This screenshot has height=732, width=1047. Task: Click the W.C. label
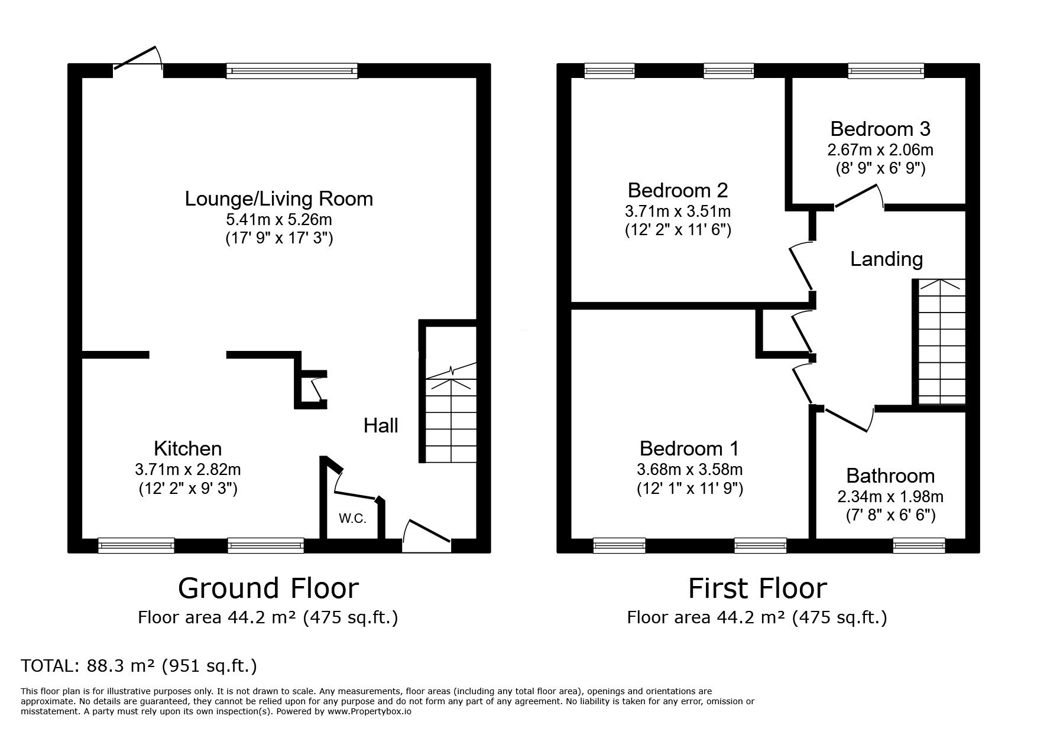[353, 519]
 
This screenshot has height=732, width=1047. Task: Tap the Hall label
[381, 425]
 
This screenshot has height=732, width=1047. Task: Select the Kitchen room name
[188, 448]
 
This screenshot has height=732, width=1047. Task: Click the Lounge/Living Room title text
[279, 199]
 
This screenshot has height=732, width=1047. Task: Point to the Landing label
[886, 259]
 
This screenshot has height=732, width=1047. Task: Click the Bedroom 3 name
[880, 129]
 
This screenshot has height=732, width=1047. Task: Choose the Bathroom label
[890, 476]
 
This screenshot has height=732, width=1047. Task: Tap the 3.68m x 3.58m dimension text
[689, 470]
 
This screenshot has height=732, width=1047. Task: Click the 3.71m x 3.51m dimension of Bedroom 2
[678, 212]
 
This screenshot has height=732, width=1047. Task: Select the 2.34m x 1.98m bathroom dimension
[890, 497]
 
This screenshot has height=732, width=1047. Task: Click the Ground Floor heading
[268, 588]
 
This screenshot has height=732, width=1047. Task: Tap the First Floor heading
[757, 588]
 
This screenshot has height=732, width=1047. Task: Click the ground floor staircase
[450, 414]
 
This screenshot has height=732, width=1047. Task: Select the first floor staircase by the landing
[942, 341]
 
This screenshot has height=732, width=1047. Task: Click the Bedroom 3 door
[857, 197]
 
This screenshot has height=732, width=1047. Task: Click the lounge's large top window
[292, 71]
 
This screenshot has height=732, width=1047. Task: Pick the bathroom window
[919, 545]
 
